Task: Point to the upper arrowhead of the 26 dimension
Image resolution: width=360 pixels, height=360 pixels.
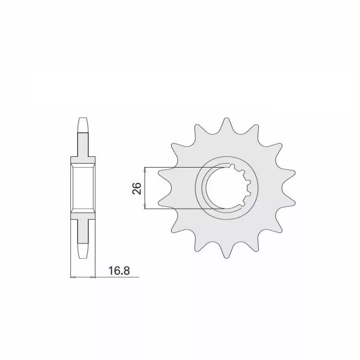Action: tap(145, 170)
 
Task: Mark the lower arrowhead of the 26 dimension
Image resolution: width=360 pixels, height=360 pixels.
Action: tap(145, 207)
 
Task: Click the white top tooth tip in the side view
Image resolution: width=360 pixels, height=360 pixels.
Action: tap(83, 123)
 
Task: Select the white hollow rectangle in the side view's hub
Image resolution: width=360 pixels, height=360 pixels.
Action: tap(83, 189)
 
